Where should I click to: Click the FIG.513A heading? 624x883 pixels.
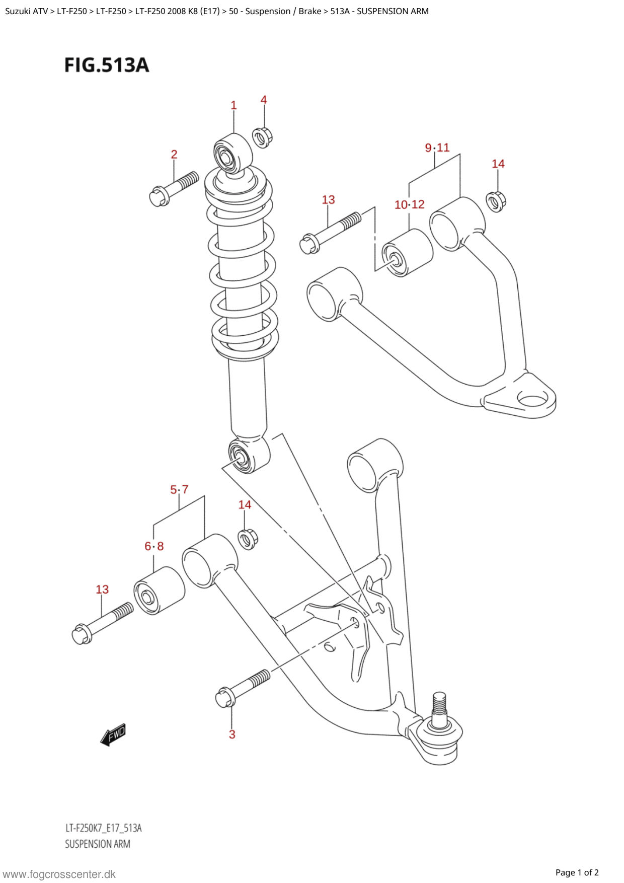[107, 65]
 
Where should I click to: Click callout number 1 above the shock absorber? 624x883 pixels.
[233, 105]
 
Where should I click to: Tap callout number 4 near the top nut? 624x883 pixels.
[264, 100]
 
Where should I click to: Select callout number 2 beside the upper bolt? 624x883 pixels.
[174, 154]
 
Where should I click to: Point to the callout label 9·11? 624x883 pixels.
[437, 148]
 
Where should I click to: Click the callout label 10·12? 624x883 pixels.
[409, 204]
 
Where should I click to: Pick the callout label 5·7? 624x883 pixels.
[179, 489]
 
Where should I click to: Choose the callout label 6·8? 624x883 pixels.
[154, 546]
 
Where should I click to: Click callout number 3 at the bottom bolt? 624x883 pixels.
[232, 734]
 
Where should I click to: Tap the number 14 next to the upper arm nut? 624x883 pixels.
[498, 164]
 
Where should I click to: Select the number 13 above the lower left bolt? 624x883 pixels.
[102, 590]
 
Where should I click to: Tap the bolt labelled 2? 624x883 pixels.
[174, 187]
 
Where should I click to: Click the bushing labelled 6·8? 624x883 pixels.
[159, 591]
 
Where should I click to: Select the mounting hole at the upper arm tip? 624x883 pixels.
[532, 400]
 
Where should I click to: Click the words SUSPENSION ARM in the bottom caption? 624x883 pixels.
[98, 844]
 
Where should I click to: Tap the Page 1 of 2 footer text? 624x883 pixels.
[577, 872]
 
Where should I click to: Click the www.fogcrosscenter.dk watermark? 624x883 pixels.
[59, 874]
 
